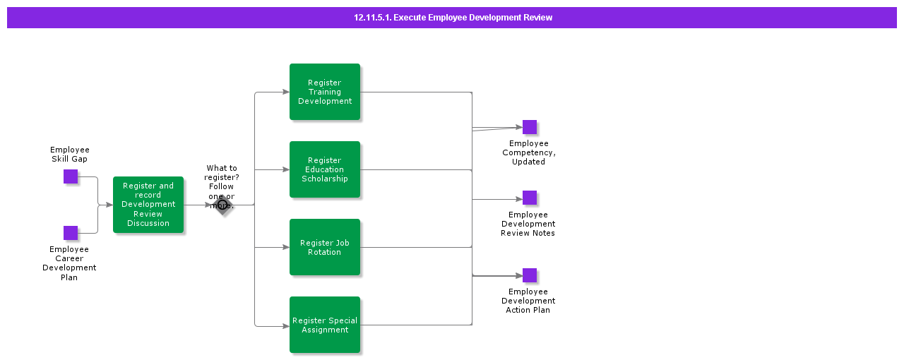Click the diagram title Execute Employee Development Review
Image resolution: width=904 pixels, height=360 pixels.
tap(453, 18)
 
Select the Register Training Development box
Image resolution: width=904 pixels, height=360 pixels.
tap(325, 92)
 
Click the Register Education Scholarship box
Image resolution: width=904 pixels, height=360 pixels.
tap(325, 169)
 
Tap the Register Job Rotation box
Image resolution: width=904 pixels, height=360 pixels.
tap(325, 247)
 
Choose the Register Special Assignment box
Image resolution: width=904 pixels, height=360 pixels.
tap(325, 325)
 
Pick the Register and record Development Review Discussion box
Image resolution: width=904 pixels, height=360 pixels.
tap(148, 205)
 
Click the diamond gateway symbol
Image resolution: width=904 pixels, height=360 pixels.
tap(222, 205)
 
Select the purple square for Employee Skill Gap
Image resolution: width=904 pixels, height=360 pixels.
tap(71, 176)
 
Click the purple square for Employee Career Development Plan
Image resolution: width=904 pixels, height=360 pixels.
tap(71, 233)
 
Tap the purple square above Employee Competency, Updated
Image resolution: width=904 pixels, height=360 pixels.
tap(530, 127)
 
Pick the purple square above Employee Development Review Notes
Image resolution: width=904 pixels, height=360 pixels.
tap(530, 198)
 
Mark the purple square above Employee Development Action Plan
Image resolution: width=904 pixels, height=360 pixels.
tap(530, 275)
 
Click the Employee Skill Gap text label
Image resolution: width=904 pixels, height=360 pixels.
tap(70, 155)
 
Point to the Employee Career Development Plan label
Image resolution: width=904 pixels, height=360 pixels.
tap(69, 263)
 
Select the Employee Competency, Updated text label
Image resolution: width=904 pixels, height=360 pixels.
tap(528, 152)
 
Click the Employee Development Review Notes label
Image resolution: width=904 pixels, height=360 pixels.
tap(528, 224)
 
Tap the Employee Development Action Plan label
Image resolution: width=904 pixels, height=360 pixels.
tap(528, 301)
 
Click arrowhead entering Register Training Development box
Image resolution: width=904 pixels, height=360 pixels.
tap(285, 92)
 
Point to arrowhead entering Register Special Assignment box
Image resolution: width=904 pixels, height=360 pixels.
tap(285, 326)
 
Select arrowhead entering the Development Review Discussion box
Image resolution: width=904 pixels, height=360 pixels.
tap(109, 205)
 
